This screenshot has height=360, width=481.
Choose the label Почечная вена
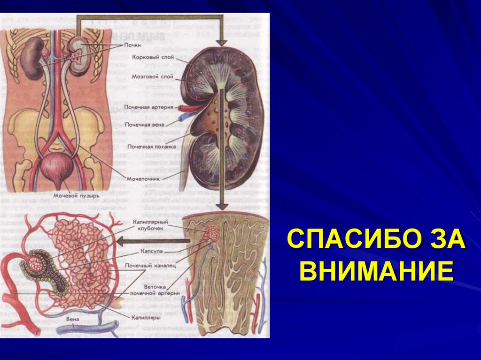pos(144,125)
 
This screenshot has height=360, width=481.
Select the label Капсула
pos(151,252)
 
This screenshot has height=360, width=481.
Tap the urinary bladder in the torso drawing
pos(57,167)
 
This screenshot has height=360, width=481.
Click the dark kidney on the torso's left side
pos(33,59)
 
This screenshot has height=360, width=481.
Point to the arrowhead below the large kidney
pos(223,207)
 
